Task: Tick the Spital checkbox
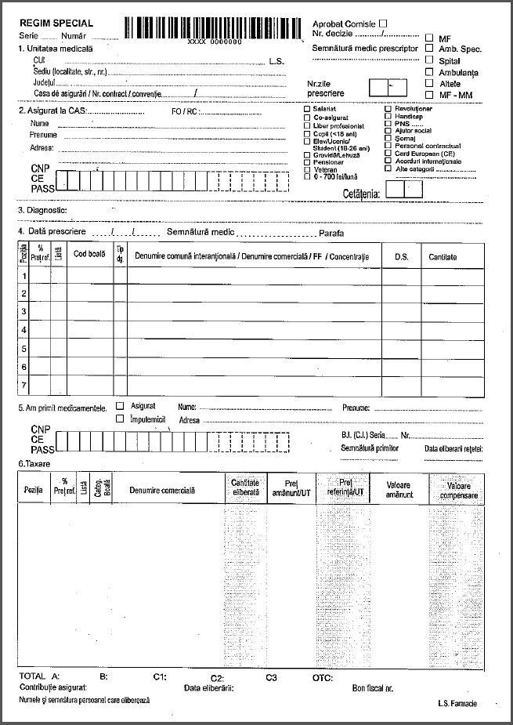tap(429, 60)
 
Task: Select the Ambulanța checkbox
tap(429, 71)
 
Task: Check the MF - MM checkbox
tap(429, 94)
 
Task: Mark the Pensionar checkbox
tap(307, 162)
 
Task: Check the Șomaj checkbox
tap(388, 138)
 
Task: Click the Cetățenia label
tap(361, 192)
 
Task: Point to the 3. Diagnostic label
tap(42, 210)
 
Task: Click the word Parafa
tap(331, 234)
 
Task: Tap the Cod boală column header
tap(89, 254)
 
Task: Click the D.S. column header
tap(401, 257)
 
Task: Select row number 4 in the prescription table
tap(24, 330)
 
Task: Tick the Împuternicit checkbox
tap(120, 419)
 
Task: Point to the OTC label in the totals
tap(323, 676)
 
